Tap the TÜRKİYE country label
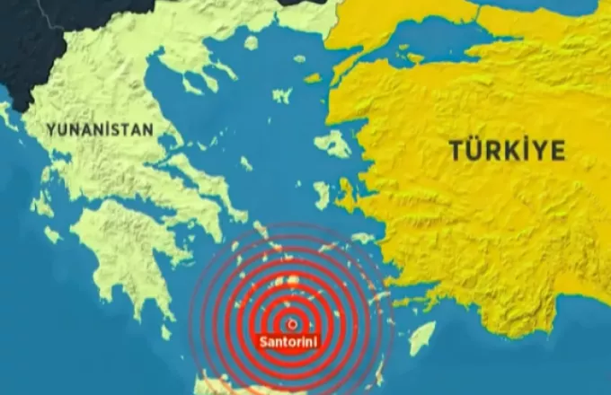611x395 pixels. (507, 151)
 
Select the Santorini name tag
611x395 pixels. (290, 341)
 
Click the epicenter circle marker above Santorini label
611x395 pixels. (291, 322)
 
